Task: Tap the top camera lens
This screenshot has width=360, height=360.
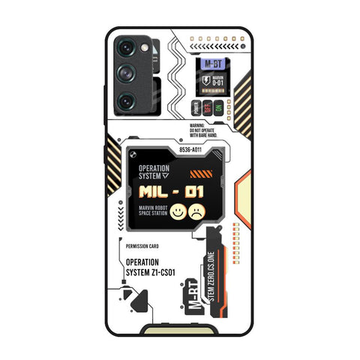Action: pyautogui.click(x=127, y=49)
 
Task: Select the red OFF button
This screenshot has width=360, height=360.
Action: pyautogui.click(x=208, y=105)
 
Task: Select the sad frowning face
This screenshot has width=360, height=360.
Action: pyautogui.click(x=197, y=212)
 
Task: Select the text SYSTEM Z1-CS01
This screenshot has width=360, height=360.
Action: pyautogui.click(x=153, y=271)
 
